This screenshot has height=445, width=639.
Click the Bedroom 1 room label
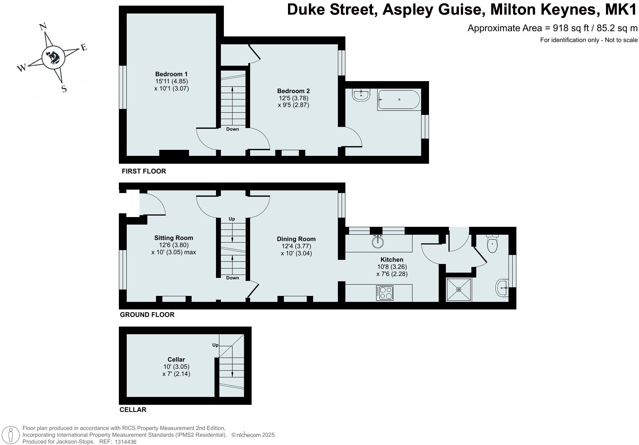pyautogui.click(x=171, y=74)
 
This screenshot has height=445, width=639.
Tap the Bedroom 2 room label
pyautogui.click(x=293, y=91)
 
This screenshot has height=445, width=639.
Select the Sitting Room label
pyautogui.click(x=174, y=238)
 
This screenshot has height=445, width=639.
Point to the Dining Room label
pyautogui.click(x=296, y=239)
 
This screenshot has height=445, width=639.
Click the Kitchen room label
pyautogui.click(x=392, y=259)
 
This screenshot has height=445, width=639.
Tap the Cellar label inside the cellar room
pyautogui.click(x=176, y=359)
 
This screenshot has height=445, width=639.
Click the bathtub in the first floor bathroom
pyautogui.click(x=399, y=100)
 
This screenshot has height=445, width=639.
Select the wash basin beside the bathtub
pyautogui.click(x=361, y=95)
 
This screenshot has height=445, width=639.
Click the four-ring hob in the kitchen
pyautogui.click(x=385, y=293)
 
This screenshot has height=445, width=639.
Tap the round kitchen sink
pyautogui.click(x=378, y=242)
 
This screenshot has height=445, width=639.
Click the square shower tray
pyautogui.click(x=458, y=290)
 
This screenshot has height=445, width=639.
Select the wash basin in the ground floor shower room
pyautogui.click(x=502, y=288)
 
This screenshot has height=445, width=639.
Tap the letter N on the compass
pyautogui.click(x=43, y=26)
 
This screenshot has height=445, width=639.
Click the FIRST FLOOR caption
pyautogui.click(x=144, y=171)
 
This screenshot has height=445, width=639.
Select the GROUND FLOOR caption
pyautogui.click(x=147, y=315)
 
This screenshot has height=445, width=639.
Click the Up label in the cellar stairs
pyautogui.click(x=215, y=345)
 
